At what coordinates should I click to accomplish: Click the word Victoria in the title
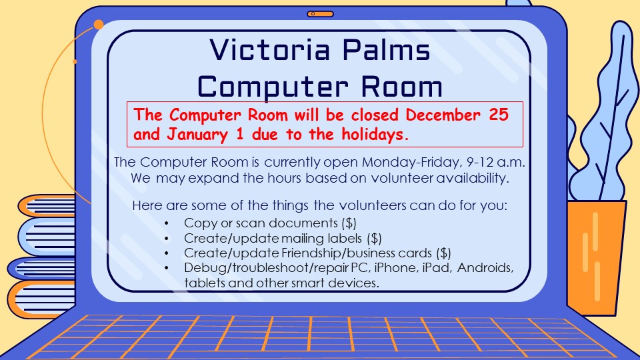(x=270, y=50)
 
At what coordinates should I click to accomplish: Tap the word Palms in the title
(x=386, y=50)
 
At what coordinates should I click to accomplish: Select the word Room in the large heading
(x=401, y=86)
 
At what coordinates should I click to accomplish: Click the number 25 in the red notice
(x=499, y=114)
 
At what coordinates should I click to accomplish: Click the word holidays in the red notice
(x=375, y=134)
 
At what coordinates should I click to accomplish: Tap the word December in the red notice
(x=443, y=115)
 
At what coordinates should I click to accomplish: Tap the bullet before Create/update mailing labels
(x=167, y=239)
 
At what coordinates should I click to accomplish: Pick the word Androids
(x=485, y=268)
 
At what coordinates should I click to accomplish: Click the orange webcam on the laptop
(x=320, y=14)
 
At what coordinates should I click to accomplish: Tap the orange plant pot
(x=596, y=258)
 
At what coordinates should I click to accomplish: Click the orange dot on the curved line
(x=99, y=25)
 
